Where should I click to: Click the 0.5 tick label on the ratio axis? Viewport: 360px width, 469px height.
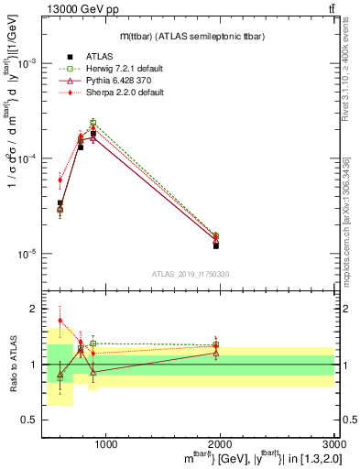pos(32,420)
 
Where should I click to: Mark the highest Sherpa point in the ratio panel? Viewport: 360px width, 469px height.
pos(60,321)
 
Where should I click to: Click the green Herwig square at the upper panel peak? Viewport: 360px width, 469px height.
pos(93,123)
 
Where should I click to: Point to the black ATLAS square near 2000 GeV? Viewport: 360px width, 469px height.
pos(216,245)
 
